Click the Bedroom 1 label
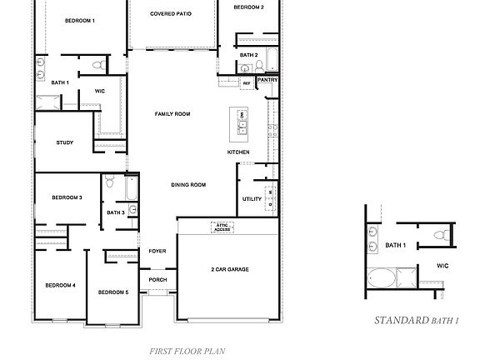click(81, 19)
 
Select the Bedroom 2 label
click(248, 7)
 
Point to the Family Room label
click(172, 113)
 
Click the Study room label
click(65, 142)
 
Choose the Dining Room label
click(188, 185)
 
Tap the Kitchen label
click(238, 152)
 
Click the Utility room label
click(252, 199)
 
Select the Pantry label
click(267, 80)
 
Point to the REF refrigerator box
click(247, 83)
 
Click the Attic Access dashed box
click(222, 227)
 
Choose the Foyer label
click(157, 251)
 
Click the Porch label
click(157, 280)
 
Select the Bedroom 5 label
click(112, 292)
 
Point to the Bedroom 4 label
click(61, 286)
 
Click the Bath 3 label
click(116, 212)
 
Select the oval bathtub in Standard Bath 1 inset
click(381, 278)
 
